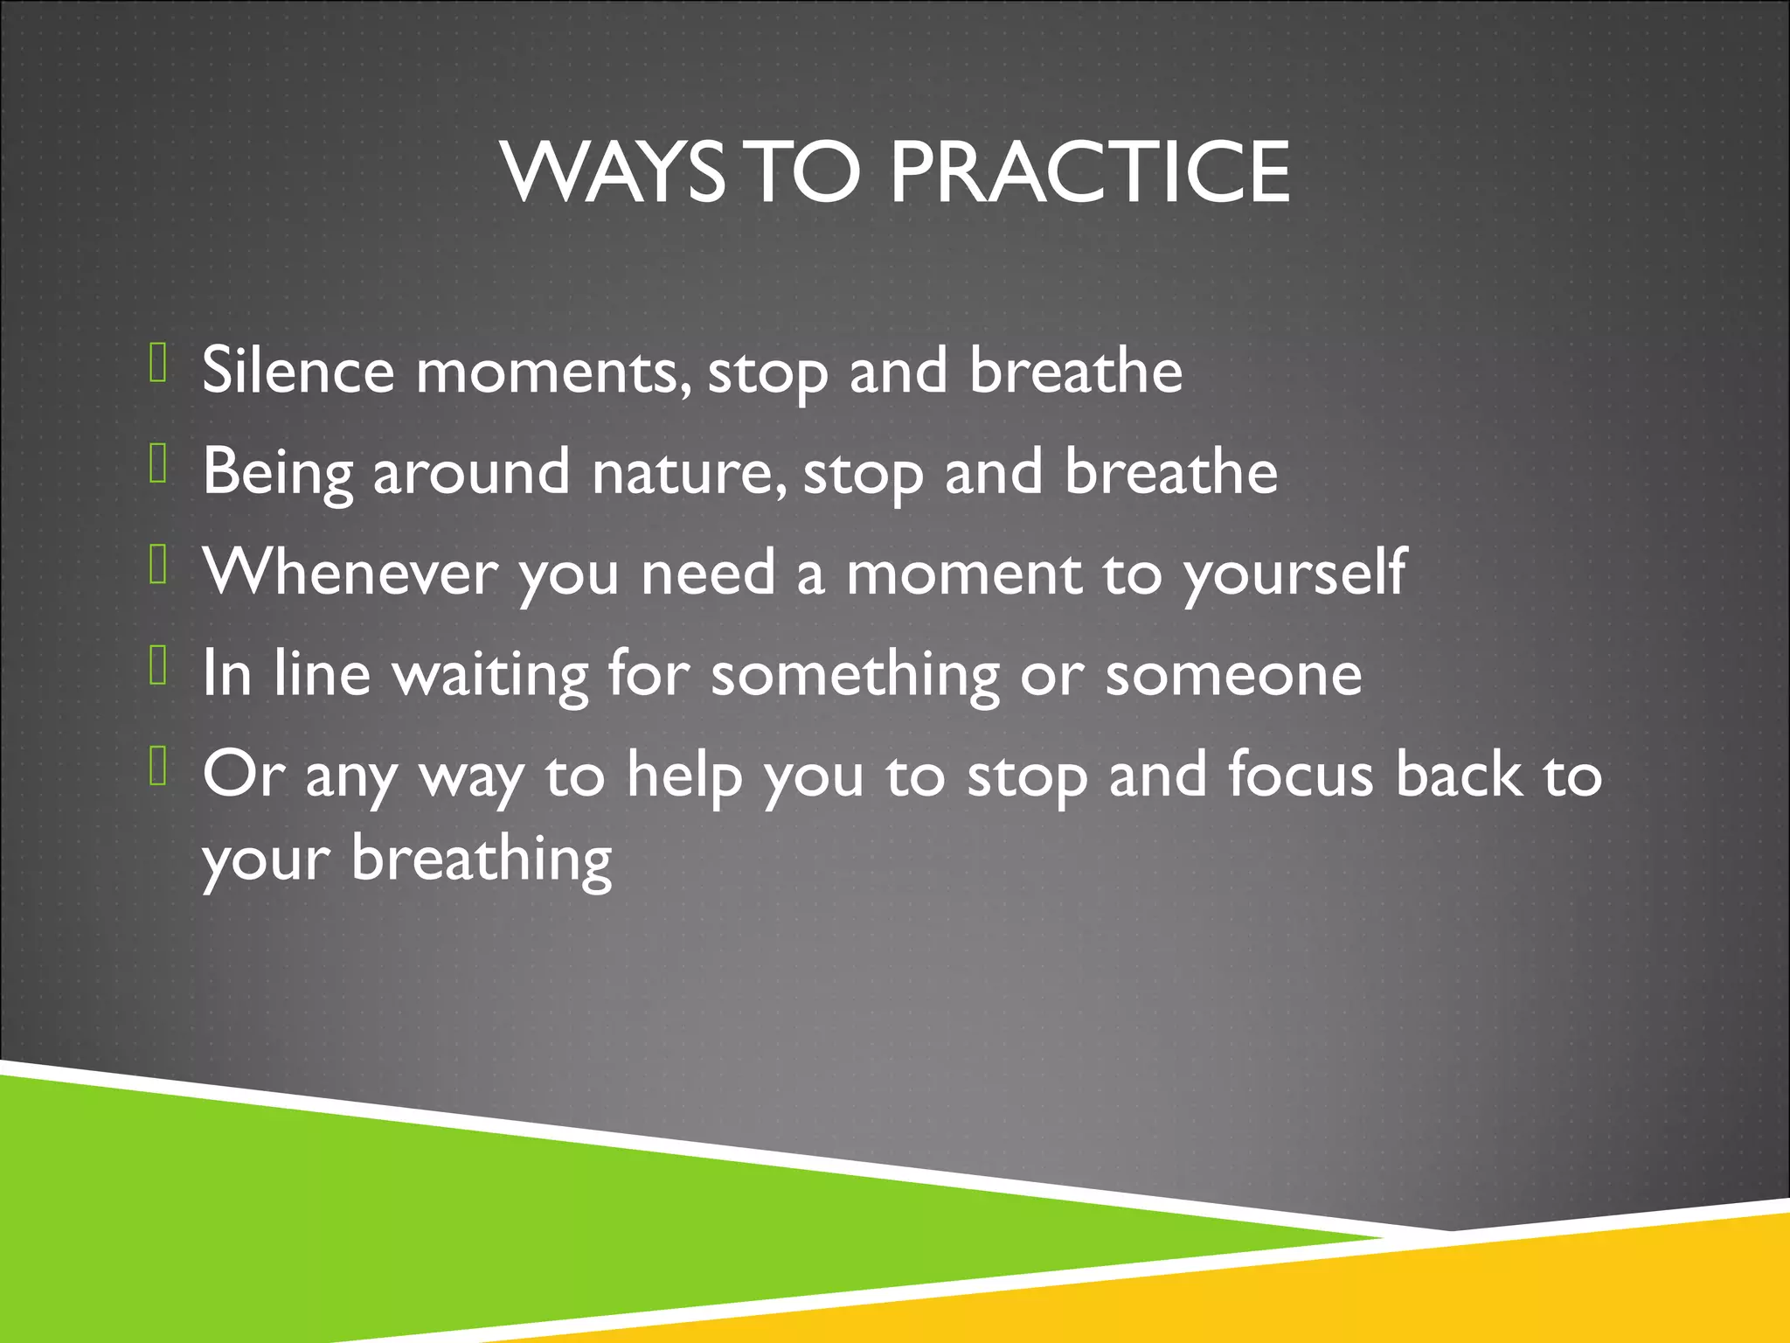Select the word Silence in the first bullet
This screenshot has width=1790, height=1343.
tap(298, 371)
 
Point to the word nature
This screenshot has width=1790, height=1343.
tap(687, 473)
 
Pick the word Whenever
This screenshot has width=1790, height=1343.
tap(350, 573)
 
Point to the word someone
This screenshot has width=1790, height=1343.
tap(1233, 674)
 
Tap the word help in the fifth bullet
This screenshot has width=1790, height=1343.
tap(684, 776)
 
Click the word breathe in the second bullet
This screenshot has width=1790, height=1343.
tap(1171, 473)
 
